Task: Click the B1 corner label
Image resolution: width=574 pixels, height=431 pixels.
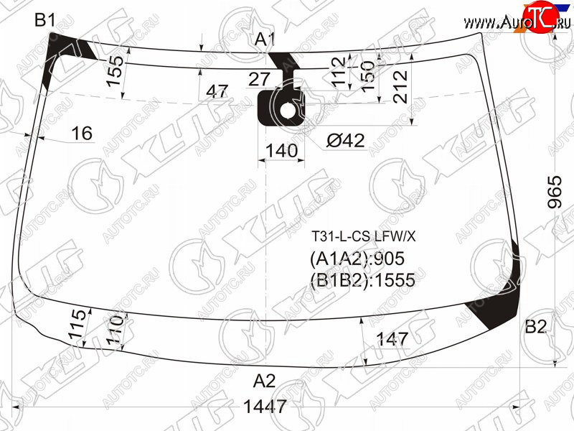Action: (44, 19)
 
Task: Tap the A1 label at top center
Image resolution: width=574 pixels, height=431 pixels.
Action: (265, 40)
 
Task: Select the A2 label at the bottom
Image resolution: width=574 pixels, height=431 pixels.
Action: (264, 381)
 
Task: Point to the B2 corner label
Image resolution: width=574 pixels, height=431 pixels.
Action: (535, 326)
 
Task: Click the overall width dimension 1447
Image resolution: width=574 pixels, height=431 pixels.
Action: (265, 407)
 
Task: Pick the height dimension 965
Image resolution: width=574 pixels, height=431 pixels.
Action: (555, 192)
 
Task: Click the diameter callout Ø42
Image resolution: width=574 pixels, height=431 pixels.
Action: (346, 140)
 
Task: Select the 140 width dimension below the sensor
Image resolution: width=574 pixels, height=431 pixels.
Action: (281, 151)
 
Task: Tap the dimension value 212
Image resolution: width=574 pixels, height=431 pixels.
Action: (400, 87)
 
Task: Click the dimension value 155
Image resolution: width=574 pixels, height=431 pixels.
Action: (115, 71)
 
